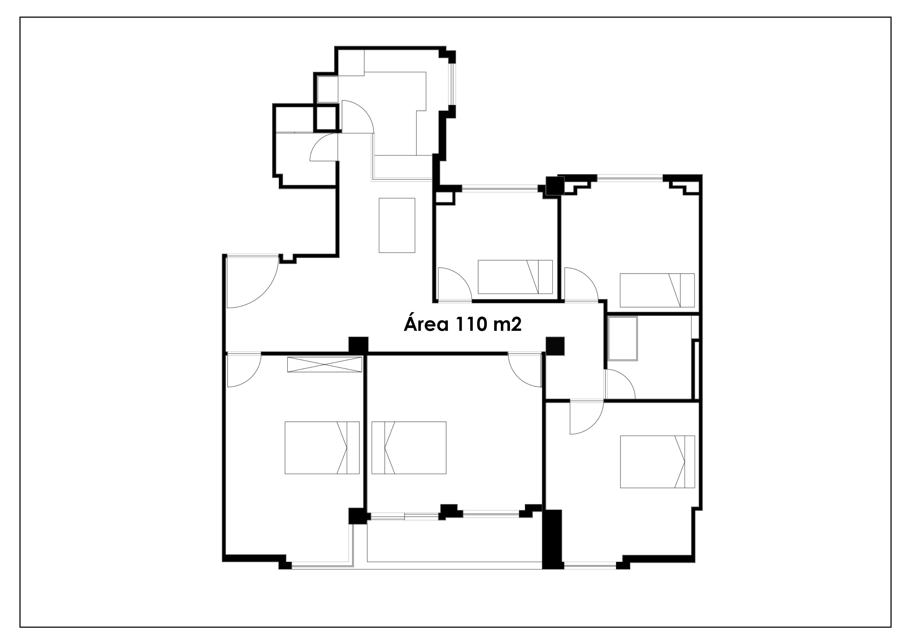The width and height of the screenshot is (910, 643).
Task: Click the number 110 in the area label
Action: click(471, 324)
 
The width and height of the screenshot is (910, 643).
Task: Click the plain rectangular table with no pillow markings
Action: click(397, 225)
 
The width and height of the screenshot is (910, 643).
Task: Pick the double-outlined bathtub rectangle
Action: click(623, 339)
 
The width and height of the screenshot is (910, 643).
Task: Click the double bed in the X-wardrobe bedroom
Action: click(322, 448)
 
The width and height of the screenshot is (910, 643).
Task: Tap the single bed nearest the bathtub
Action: click(657, 290)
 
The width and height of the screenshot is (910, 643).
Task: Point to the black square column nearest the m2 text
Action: click(555, 345)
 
